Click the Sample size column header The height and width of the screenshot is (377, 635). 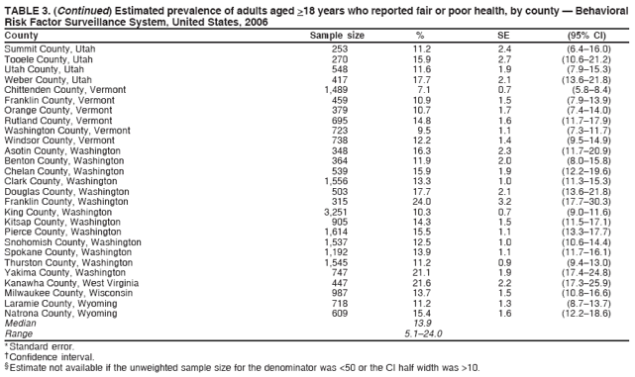(x=337, y=35)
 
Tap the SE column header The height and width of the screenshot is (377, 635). (x=503, y=35)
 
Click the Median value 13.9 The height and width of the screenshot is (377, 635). (x=421, y=324)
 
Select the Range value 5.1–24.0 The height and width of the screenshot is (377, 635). (x=421, y=333)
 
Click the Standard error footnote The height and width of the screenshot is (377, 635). (x=42, y=346)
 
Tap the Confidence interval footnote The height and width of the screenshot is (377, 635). (x=51, y=356)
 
